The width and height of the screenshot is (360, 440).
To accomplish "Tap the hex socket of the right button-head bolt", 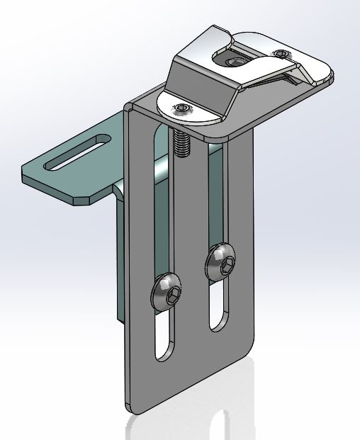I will point(225,266).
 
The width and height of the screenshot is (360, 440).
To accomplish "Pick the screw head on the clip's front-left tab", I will point(183,108).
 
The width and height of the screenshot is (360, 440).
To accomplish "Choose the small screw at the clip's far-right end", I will point(283,54).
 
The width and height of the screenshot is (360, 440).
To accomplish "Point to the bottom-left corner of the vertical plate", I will point(131,410).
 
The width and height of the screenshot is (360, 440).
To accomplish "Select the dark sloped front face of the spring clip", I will point(198,85).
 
